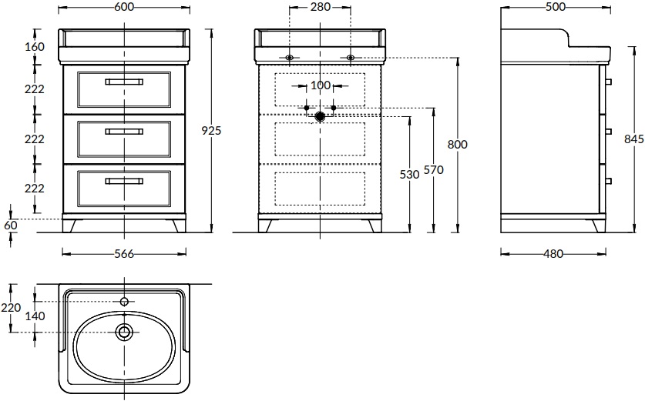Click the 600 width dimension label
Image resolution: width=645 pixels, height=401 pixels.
(124, 7)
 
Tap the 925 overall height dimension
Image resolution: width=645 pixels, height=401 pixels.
(211, 131)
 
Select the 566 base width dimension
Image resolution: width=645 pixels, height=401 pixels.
(124, 254)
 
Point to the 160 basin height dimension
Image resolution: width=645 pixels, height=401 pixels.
(35, 47)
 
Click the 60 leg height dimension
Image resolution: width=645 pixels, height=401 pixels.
(11, 226)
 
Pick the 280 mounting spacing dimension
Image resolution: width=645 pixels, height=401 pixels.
(321, 7)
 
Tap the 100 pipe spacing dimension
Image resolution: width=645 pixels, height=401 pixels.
(320, 85)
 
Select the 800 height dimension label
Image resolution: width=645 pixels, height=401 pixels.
(458, 145)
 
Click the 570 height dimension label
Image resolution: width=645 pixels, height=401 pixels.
(434, 169)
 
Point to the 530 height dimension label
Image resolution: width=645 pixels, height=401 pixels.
(409, 175)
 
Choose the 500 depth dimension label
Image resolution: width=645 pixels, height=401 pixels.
(556, 7)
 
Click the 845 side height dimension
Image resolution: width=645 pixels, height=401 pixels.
(634, 139)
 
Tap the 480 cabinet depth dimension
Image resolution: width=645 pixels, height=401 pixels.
(553, 254)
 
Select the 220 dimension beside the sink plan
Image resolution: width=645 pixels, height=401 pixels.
(11, 307)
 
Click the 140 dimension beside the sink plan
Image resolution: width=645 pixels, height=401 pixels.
(35, 316)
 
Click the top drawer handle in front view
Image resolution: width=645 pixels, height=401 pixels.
(124, 82)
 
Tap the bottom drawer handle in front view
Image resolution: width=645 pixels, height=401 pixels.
(124, 181)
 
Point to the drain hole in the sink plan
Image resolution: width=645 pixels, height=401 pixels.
(124, 332)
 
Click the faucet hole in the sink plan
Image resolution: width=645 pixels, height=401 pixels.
(124, 302)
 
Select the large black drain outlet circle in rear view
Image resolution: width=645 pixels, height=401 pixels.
(320, 117)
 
